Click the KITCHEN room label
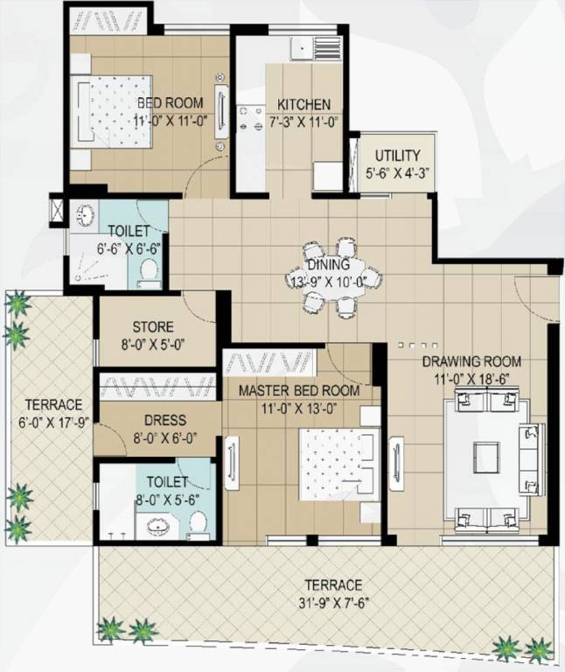(298, 104)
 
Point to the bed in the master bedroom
(339, 460)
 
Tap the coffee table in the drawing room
(486, 453)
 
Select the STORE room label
(153, 327)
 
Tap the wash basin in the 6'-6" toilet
(86, 214)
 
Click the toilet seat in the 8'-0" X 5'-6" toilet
(198, 524)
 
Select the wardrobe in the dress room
(157, 386)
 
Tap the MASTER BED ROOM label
(298, 390)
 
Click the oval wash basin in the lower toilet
(159, 527)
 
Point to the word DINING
(328, 264)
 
